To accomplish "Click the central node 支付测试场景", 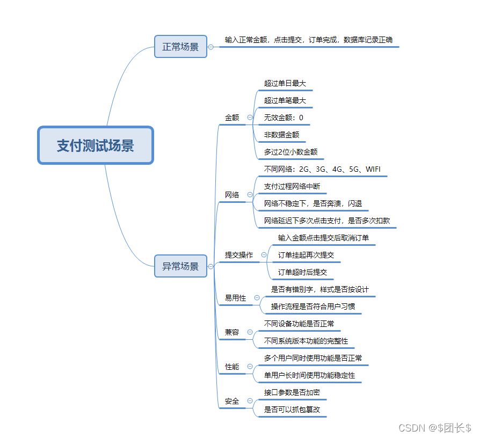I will tap(96, 145).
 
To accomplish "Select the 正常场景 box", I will tap(180, 47).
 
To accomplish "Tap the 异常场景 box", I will tap(180, 266).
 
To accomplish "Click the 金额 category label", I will tap(232, 118).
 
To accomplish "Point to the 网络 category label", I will tap(232, 195).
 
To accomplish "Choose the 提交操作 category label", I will tap(239, 255).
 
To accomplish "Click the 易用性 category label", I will tap(235, 298).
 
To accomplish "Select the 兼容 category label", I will tap(232, 332).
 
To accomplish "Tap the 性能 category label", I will tap(232, 367).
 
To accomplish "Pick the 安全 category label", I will tap(232, 401).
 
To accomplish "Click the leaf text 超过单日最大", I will tap(285, 83).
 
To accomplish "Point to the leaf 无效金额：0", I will tap(284, 118).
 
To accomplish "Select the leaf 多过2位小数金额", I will tap(291, 152).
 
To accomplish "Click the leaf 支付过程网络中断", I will tap(292, 186).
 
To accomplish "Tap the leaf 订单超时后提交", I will tap(302, 272).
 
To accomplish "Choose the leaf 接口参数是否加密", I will tap(292, 392).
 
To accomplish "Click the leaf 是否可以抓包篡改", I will tap(292, 410).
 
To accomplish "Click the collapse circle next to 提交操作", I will tap(264, 255).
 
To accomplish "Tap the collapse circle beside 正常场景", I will tap(211, 47).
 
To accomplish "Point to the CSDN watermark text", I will tap(435, 427).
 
